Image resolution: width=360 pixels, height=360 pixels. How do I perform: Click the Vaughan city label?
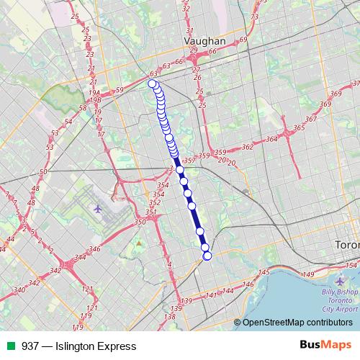point(205,42)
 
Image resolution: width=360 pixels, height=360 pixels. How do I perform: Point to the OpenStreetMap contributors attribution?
point(297,323)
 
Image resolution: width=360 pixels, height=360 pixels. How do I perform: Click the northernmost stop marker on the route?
point(152,84)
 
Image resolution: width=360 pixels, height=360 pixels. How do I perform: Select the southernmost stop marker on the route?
point(208,256)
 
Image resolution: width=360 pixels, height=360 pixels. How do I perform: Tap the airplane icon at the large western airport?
point(98,210)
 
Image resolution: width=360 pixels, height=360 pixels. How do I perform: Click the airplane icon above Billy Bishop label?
point(341,281)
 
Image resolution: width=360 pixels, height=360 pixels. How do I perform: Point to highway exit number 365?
point(298,127)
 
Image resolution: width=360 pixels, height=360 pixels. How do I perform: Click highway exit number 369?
point(334,94)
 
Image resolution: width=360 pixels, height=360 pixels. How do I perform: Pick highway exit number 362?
point(248,146)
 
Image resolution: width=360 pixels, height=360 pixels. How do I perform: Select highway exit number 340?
point(19,289)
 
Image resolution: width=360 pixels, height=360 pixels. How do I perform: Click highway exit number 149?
point(309,274)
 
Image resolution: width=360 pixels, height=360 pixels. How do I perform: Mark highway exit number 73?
point(253,16)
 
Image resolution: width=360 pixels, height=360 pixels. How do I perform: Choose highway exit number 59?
point(120,89)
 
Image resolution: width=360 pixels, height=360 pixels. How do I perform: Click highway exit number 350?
point(140,223)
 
